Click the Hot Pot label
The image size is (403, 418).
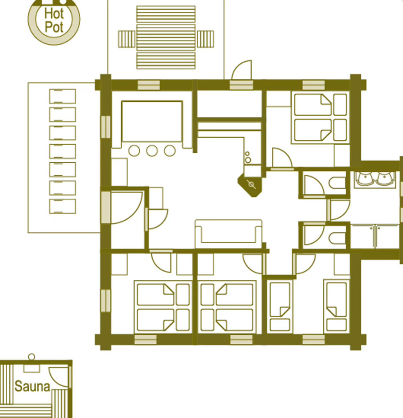54,20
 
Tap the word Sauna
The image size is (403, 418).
32,387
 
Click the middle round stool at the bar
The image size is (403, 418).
152,151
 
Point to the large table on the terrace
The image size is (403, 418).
165,37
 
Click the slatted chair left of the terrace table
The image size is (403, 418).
127,39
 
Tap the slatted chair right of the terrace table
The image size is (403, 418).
205,39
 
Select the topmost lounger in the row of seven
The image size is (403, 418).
63,96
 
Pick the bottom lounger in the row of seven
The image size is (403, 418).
63,206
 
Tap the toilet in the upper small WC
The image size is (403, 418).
337,183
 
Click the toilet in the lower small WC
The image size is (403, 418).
337,238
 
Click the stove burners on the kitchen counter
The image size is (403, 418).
248,157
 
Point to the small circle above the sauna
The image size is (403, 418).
31,357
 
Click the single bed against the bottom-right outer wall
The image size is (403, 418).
337,306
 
